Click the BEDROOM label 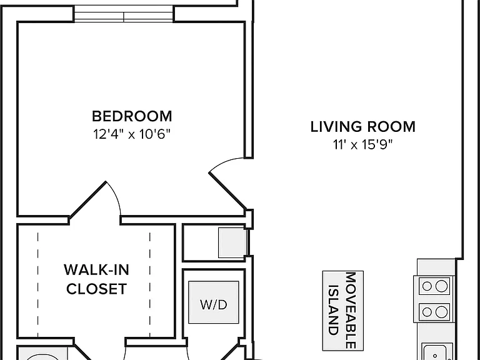(x=132, y=116)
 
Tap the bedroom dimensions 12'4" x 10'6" (x=132, y=134)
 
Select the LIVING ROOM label (x=362, y=127)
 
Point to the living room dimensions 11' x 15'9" (x=362, y=144)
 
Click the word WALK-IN (x=96, y=270)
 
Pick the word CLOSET (x=96, y=289)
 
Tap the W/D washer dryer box (x=214, y=302)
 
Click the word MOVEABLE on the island (x=351, y=310)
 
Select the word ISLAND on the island (x=334, y=310)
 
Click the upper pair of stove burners (x=434, y=286)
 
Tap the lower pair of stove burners (x=434, y=312)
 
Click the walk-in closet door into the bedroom (x=88, y=199)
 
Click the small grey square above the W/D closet (x=232, y=242)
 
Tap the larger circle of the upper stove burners (x=441, y=286)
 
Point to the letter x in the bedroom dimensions (x=131, y=135)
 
